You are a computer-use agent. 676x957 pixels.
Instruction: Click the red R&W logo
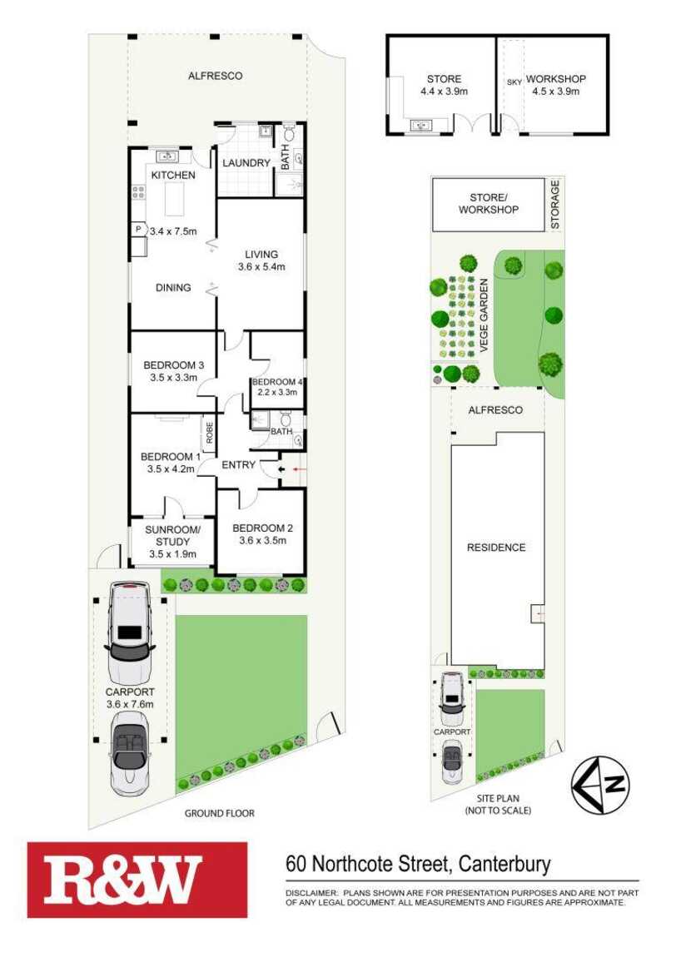137,880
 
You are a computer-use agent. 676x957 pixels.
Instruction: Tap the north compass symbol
600,785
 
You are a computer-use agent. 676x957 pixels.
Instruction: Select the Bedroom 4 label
278,382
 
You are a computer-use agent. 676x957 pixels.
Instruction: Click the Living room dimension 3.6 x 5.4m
261,267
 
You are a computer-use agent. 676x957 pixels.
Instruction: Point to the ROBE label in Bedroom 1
210,433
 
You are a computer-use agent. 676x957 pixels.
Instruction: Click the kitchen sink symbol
167,156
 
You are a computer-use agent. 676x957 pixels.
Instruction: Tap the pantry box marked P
138,230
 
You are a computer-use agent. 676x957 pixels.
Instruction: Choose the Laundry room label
246,163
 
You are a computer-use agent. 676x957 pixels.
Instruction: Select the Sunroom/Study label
173,536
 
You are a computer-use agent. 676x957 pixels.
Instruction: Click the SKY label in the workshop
514,82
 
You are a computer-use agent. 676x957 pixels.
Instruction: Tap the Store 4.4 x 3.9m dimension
444,92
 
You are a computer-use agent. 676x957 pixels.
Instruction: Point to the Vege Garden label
484,315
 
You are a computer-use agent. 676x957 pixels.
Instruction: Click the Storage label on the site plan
555,205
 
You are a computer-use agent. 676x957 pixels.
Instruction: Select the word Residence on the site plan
496,548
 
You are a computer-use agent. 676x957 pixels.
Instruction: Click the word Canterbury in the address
505,864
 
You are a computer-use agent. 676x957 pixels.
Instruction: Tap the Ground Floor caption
219,813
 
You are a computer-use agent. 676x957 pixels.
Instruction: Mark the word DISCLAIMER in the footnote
311,892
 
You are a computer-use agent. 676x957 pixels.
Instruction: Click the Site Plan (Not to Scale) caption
498,805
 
